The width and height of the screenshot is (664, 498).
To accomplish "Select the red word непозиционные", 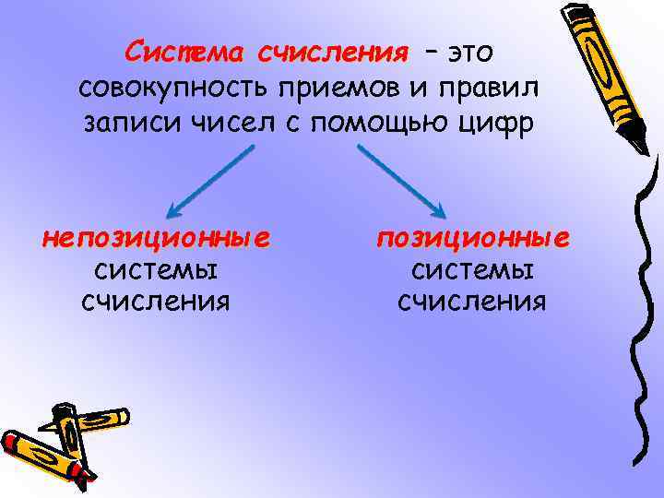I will click(156, 239).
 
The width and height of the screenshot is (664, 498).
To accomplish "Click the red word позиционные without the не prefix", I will click(472, 239).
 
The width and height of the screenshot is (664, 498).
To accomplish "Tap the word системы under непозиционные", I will click(156, 270).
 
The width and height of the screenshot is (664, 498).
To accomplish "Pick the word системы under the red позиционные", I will click(472, 270).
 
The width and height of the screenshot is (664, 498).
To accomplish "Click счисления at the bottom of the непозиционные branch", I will click(156, 302).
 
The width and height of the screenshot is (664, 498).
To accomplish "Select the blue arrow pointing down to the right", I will click(401, 183).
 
